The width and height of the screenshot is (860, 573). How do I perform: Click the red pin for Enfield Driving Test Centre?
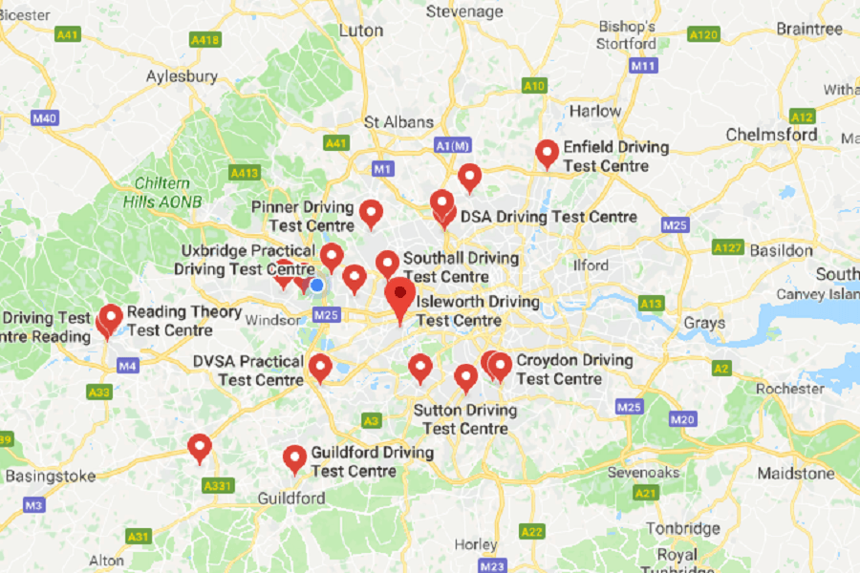coord(547,153)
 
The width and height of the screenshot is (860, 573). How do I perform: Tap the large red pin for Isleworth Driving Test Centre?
coord(399,296)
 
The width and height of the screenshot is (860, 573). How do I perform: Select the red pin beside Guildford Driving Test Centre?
coord(294,458)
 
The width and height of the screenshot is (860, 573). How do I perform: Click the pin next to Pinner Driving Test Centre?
coord(371,213)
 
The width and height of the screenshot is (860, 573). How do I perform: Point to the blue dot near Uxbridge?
coord(317,285)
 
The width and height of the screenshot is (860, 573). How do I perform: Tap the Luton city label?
coord(361,31)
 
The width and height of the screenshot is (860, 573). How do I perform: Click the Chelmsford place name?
coord(771,135)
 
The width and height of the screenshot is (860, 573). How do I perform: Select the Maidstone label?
coord(795,473)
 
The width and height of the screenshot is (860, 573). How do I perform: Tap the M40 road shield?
coord(44,118)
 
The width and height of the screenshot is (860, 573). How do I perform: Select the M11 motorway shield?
coord(643,66)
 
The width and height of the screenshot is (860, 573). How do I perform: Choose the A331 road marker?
coord(218,486)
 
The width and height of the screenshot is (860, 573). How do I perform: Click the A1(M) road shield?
coord(452,145)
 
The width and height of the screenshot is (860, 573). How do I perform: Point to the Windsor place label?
coord(272,321)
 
